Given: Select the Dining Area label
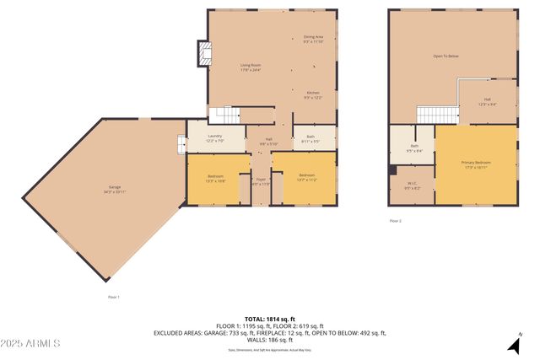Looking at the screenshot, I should click(x=314, y=39).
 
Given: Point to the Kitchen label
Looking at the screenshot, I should click(x=313, y=94).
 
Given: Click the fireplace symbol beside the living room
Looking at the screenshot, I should click(x=203, y=54).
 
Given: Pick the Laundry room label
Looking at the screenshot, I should click(x=215, y=138).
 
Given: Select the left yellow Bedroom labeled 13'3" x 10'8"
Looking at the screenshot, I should click(x=215, y=178).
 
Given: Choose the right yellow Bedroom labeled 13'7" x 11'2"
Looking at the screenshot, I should click(x=305, y=178).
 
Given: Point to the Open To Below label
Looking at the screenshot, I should click(x=445, y=56).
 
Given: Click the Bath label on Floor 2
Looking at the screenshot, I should click(x=414, y=148).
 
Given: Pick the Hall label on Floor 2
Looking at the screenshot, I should click(x=487, y=101).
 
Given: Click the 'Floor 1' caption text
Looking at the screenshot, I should click(x=113, y=296).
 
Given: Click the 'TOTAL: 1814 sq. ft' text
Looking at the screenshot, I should click(x=269, y=319).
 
